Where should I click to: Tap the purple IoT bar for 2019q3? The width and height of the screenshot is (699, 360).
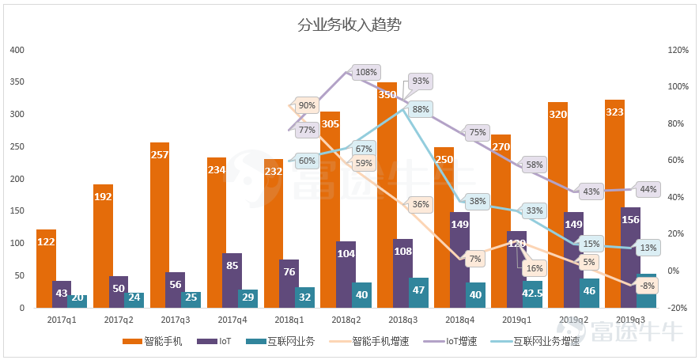(x=630, y=257)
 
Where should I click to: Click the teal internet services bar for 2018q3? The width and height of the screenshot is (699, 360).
(x=418, y=293)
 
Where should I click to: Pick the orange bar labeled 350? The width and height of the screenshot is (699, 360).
(x=387, y=195)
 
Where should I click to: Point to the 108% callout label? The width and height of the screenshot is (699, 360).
(x=366, y=72)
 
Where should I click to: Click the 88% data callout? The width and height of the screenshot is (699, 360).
(x=421, y=110)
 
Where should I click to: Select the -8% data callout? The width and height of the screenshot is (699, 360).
(x=647, y=285)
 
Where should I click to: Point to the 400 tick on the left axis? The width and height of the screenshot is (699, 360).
(x=17, y=50)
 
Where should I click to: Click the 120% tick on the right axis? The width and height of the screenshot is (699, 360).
(x=678, y=50)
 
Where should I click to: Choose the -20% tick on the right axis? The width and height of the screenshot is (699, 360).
(x=678, y=308)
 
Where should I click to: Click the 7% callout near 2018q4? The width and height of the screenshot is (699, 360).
(x=474, y=259)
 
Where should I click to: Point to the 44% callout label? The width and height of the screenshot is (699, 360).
(x=648, y=189)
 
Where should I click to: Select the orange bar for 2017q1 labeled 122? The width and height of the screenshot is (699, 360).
(x=47, y=269)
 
